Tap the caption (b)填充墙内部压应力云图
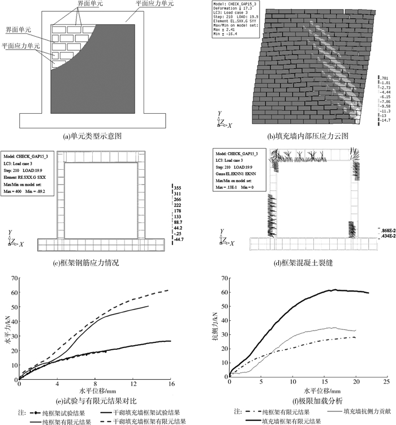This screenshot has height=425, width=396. tap(294, 136)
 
